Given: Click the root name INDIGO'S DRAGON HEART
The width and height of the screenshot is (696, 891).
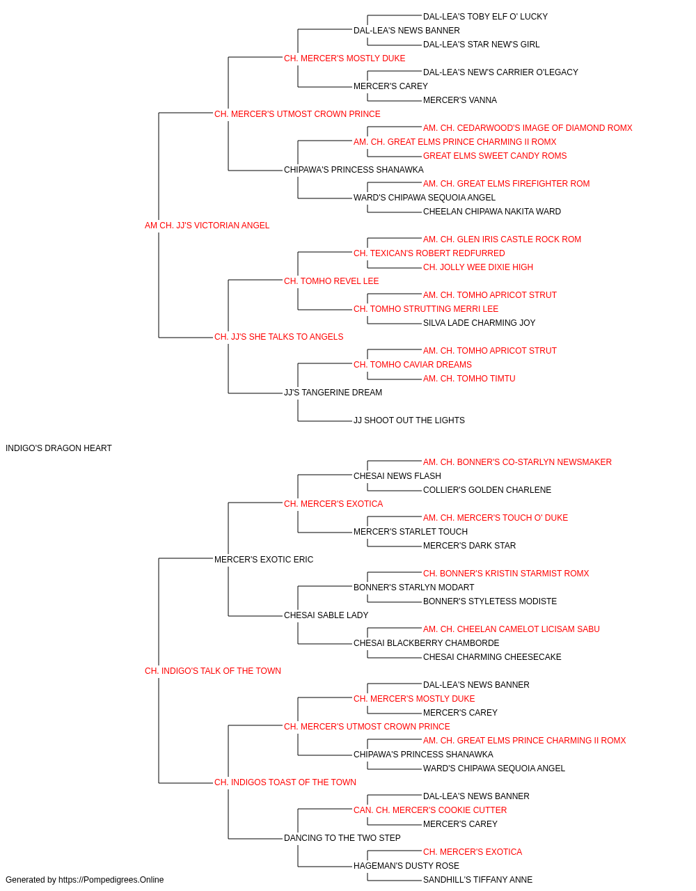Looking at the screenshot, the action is point(58,448).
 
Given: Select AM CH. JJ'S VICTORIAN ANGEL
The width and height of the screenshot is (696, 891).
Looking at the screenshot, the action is point(207,226).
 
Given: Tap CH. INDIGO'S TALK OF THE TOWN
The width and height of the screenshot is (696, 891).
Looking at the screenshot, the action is point(213,671).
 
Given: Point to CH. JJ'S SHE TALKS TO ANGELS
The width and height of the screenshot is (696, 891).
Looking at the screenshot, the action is point(278,337).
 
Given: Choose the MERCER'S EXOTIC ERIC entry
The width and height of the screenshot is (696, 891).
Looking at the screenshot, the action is point(264,559).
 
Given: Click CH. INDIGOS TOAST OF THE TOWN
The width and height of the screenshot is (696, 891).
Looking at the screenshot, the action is point(285,782).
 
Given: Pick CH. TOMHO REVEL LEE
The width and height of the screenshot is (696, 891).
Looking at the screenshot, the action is point(331,281).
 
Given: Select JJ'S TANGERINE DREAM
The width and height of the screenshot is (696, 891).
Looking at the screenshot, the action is point(333,393).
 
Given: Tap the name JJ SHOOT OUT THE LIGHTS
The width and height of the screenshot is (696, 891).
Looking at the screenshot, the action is point(409,420).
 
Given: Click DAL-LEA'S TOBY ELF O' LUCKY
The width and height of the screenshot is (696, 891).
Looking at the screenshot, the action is point(485,17).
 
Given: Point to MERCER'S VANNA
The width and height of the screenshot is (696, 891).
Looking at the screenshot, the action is point(460,100).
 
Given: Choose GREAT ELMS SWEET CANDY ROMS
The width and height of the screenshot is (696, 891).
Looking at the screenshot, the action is point(495,156).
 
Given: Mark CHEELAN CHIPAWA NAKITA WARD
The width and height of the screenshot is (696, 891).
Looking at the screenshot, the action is point(492,212).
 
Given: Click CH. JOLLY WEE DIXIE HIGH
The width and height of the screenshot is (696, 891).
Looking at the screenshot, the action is point(478,267).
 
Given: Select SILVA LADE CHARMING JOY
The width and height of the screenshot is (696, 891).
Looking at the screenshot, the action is point(479,323).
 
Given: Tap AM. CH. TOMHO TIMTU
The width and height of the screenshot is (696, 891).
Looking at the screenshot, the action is point(469,379).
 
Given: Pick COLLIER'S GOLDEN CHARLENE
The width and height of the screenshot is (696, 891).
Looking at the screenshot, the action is point(487,490).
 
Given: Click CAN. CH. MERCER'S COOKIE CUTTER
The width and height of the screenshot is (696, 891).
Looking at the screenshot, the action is point(430,810).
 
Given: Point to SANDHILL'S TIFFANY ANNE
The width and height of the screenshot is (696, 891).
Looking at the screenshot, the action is point(477,880).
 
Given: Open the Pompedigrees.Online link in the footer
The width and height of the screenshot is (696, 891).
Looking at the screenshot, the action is point(111,880).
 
